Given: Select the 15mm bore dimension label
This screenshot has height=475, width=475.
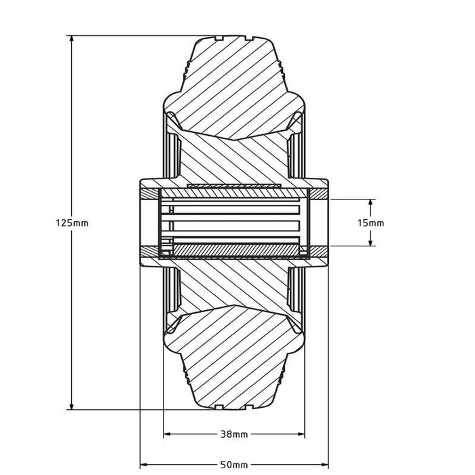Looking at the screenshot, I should click(x=370, y=223).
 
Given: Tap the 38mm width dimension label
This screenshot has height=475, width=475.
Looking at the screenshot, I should click(x=234, y=434).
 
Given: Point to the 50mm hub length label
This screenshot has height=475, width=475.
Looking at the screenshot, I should click(x=234, y=464).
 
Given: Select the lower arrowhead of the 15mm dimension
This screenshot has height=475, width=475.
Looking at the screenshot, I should click(x=370, y=242).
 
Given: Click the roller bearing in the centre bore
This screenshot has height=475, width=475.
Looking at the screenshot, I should click(x=231, y=223).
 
